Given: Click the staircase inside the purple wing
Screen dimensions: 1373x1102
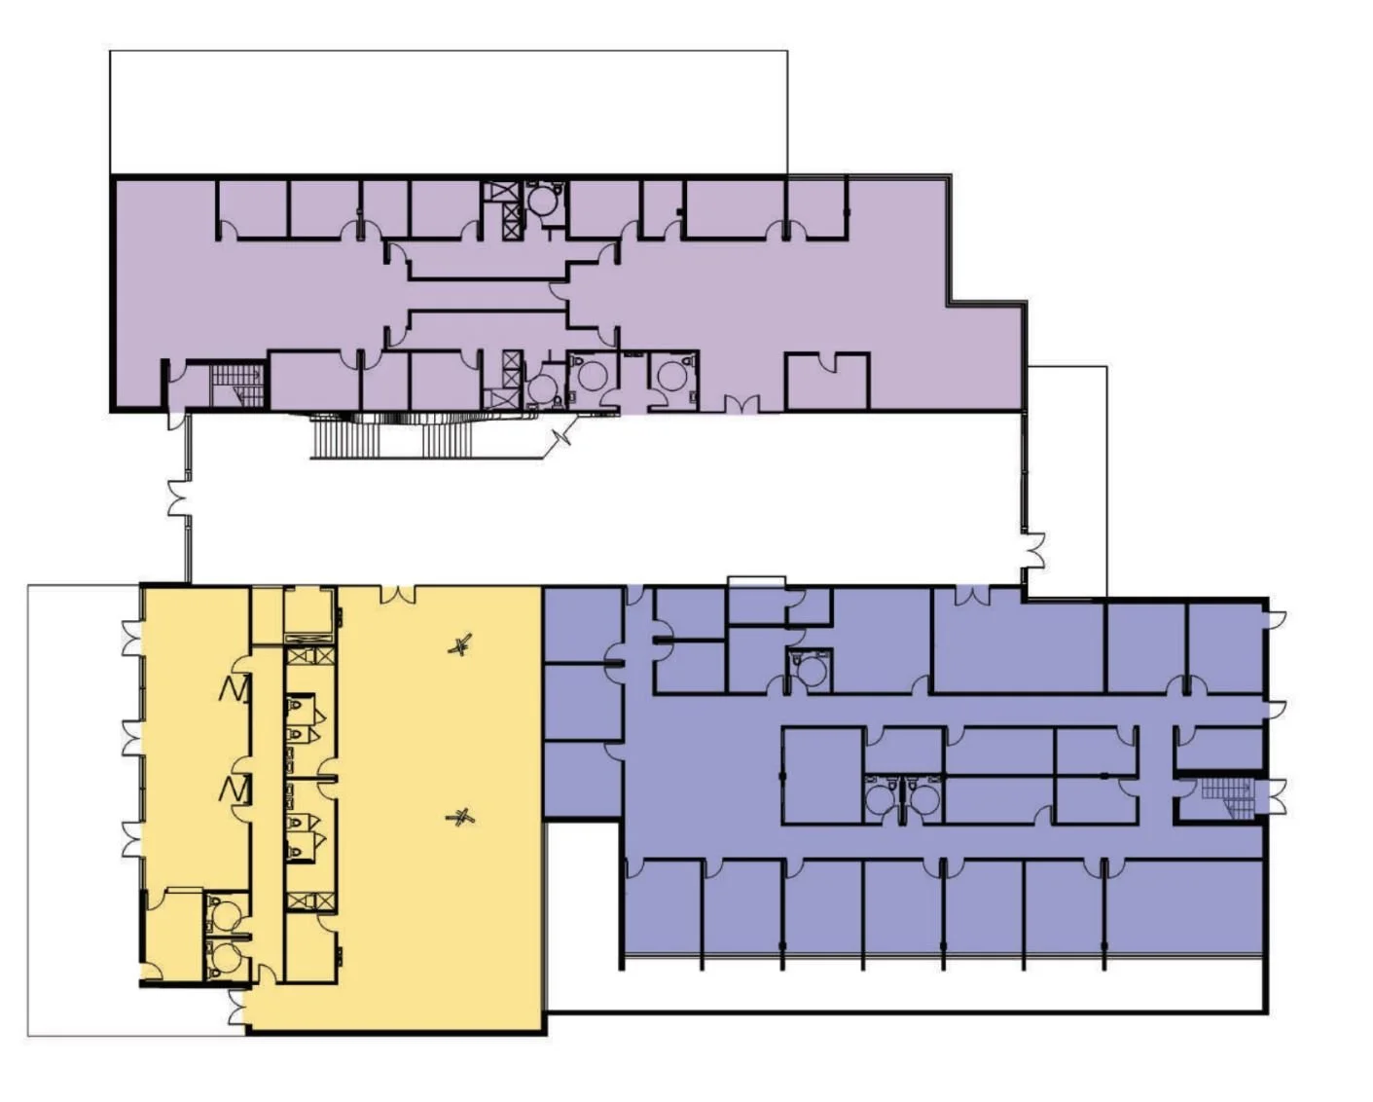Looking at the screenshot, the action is pos(237,385).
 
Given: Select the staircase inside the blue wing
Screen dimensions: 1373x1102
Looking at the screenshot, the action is pos(1225,797).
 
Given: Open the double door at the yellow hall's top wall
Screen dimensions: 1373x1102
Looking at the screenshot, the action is pos(397,593).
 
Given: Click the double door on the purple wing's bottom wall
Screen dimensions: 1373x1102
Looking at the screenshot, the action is pos(740,404).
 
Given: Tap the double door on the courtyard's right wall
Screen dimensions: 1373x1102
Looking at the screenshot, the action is pos(1033,549).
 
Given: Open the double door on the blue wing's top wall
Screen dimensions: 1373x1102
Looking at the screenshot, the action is pos(972,594).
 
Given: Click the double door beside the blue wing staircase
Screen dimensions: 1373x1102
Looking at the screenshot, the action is pos(1275,796).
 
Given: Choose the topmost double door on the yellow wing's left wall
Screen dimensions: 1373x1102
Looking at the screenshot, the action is pos(131,639).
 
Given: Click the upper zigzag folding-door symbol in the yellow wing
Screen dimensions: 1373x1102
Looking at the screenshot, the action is pos(235,689).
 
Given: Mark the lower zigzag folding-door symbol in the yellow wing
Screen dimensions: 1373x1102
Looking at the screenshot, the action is pos(235,789).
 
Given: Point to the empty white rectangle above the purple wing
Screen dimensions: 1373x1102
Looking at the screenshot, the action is pos(448,112).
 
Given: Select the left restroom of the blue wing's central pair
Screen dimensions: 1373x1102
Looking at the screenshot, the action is pos(882,797).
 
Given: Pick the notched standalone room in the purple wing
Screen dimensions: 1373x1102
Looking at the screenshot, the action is pos(826,382).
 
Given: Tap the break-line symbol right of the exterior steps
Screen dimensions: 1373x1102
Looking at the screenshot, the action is pos(562,439).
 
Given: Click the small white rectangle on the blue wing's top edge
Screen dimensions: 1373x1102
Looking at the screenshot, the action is pos(756,581).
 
